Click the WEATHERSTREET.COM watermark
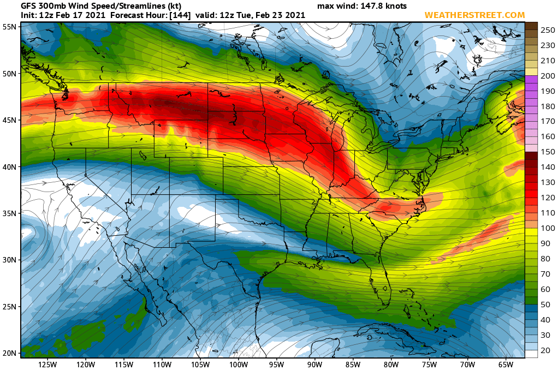tap(474, 15)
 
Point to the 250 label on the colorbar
tap(548, 31)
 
